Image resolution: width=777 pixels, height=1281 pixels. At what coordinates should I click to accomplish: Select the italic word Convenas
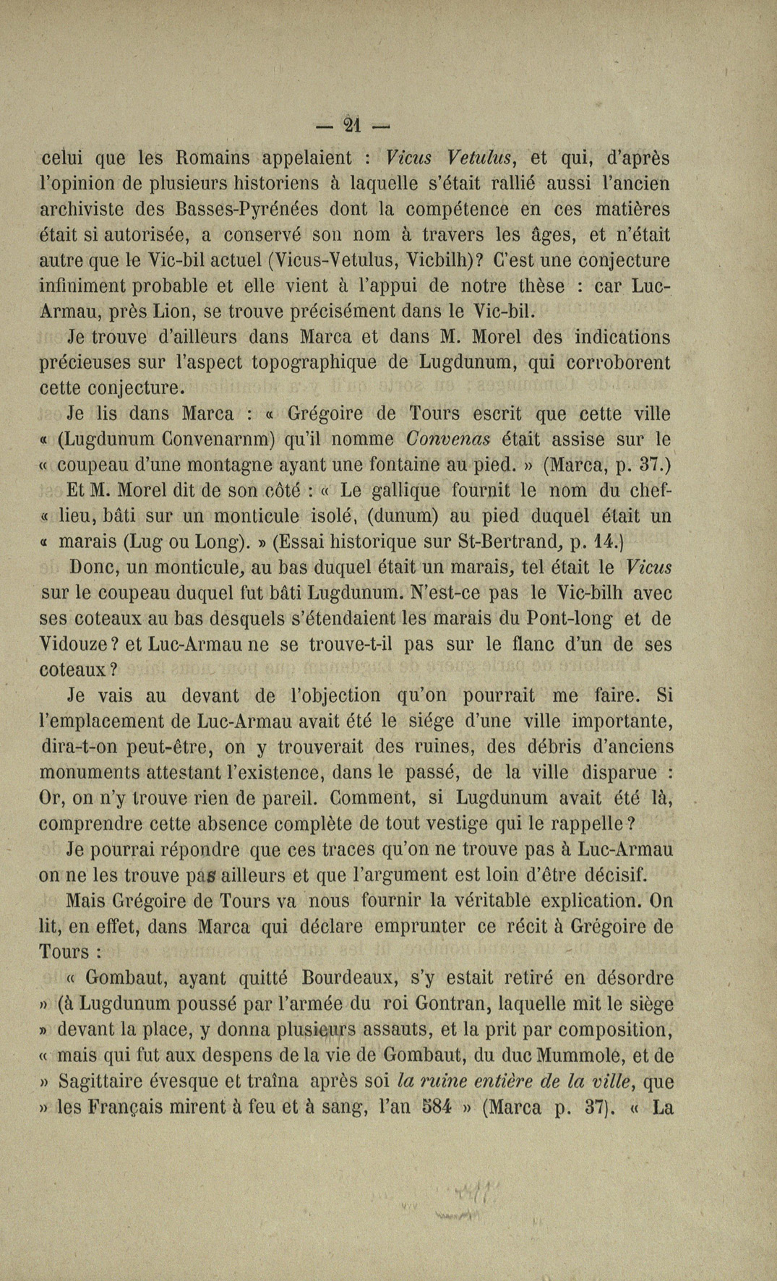point(448,440)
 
